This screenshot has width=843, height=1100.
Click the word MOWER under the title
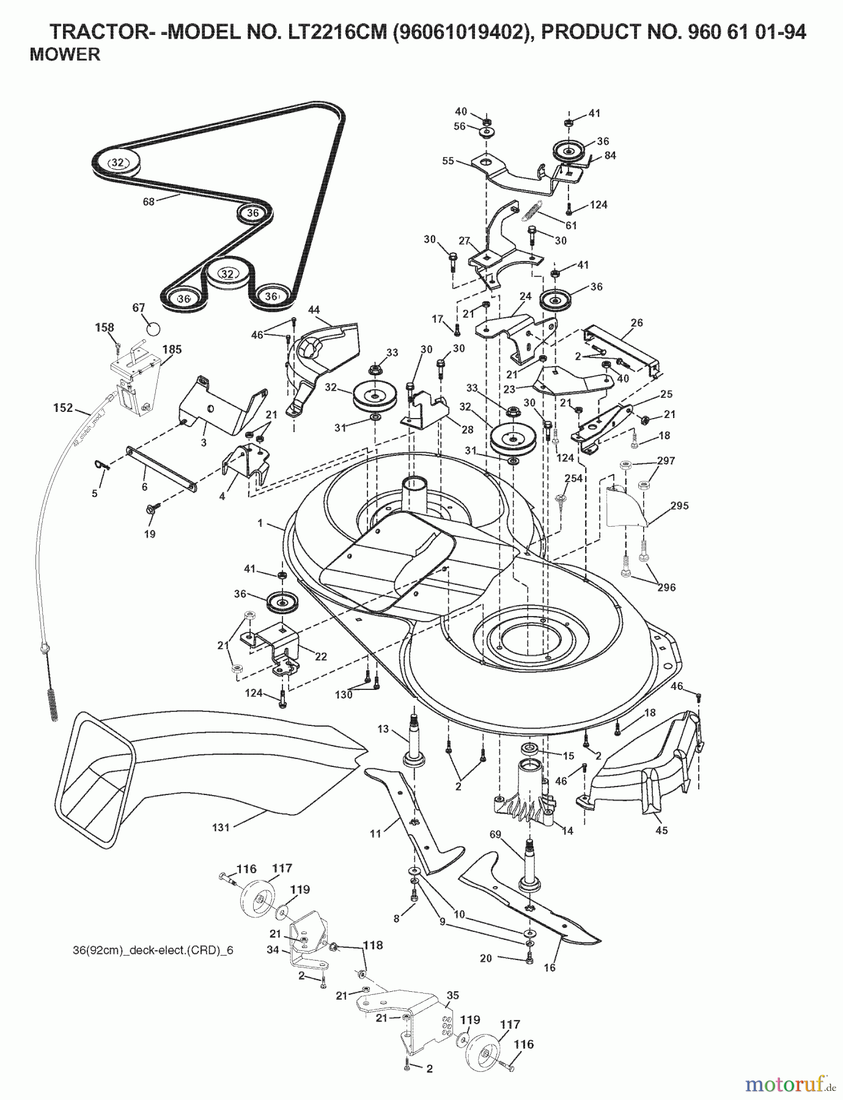pos(65,55)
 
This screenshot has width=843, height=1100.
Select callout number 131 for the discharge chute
pos(221,827)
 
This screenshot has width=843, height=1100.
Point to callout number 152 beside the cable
pos(62,408)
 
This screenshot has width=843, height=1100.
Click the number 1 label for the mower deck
pos(260,523)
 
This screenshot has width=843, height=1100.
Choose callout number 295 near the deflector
pos(679,506)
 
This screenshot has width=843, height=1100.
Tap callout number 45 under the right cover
pos(661,830)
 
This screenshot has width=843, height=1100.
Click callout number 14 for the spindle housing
pos(567,831)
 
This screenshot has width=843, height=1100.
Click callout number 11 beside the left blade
pos(375,833)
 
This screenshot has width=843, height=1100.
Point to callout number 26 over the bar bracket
pos(636,323)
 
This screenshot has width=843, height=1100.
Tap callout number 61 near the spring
pos(571,226)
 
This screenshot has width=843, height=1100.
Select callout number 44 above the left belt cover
pos(314,310)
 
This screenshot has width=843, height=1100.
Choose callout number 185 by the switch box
pos(172,350)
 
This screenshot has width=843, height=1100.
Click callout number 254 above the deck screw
pos(574,479)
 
